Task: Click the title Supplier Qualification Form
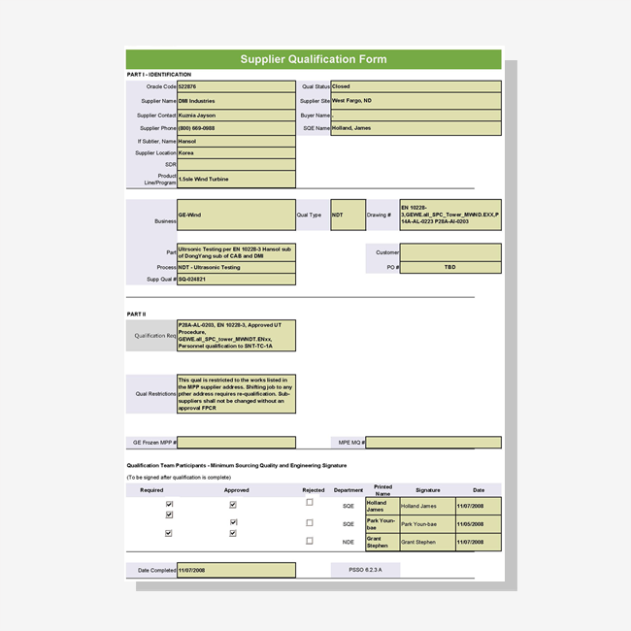click(x=314, y=59)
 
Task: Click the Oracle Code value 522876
click(x=236, y=86)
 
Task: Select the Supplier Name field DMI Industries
click(x=236, y=101)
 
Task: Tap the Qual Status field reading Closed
click(x=415, y=86)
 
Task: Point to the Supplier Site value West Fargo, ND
click(x=415, y=101)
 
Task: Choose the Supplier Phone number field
click(x=236, y=128)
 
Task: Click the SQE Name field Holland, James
click(x=415, y=128)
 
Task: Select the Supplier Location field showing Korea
click(x=236, y=152)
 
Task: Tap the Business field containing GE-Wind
click(x=236, y=215)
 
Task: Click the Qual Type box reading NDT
click(x=349, y=215)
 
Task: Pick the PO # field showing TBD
click(x=450, y=267)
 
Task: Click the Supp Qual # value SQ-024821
click(x=236, y=280)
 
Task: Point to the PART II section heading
click(x=136, y=315)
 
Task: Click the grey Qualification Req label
click(x=151, y=335)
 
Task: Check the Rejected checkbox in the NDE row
click(x=310, y=541)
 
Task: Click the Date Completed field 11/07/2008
click(x=236, y=570)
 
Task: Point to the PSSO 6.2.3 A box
click(x=365, y=570)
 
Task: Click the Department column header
click(x=349, y=490)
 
